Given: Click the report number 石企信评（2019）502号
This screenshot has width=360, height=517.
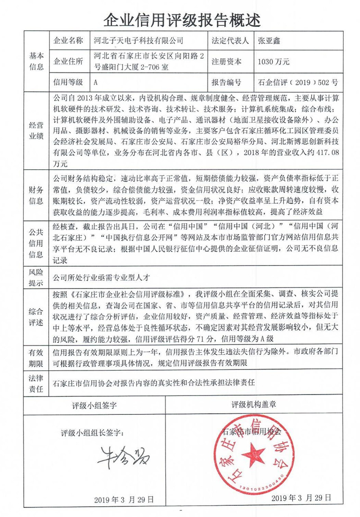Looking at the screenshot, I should pos(297,83).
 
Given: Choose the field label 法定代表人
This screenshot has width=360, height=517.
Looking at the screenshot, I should pos(230,40).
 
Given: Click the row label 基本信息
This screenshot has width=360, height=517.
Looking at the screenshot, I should pos(36,62).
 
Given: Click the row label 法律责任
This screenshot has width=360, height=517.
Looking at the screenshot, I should pos(36,383).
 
